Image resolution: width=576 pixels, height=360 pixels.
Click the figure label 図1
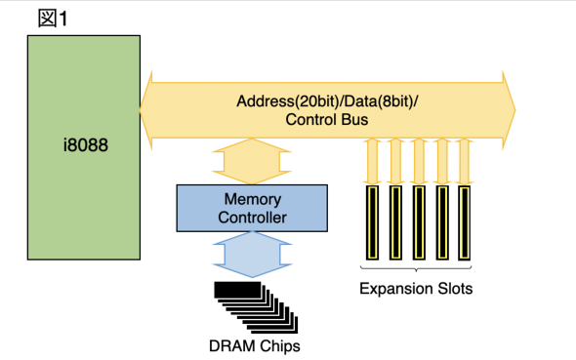pos(53,19)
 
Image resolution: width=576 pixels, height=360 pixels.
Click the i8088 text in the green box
pos(86,145)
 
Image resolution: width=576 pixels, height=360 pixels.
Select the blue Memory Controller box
pos(252,208)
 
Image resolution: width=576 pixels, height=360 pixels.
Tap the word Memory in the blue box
pos(253,199)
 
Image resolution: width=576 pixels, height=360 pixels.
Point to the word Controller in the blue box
pos(253,218)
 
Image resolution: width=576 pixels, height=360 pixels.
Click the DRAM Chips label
pos(255,346)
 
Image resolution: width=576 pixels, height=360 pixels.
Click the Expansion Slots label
pos(416,289)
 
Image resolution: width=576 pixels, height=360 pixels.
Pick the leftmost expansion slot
pos(373,222)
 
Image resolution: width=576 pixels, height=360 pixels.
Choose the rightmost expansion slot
pos(465,222)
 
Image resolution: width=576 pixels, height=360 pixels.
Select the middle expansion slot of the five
pos(419,222)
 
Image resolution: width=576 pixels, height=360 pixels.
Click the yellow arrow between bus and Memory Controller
pos(252,161)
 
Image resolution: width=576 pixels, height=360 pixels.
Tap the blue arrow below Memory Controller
pos(252,254)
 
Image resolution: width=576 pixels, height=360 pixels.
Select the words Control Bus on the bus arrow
pos(327,120)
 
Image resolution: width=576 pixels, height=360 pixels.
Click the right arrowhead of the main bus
pos(509,110)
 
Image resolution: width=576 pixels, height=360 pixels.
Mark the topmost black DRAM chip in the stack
pos(237,290)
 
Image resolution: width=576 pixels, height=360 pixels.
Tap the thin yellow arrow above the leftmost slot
pos(373,162)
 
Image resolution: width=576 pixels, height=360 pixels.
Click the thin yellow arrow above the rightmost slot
pos(465,162)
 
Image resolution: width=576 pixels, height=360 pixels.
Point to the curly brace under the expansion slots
pos(416,269)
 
